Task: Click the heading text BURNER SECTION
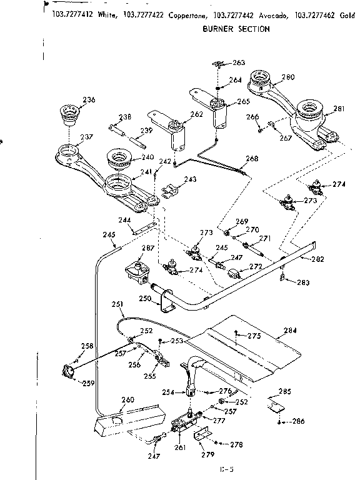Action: (x=236, y=29)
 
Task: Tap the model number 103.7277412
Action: (x=72, y=15)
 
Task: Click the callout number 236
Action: (x=89, y=100)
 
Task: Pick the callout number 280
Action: (x=287, y=77)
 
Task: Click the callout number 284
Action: (x=290, y=331)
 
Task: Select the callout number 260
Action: (x=127, y=400)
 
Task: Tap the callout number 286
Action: (x=298, y=421)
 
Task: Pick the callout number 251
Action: (x=116, y=304)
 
